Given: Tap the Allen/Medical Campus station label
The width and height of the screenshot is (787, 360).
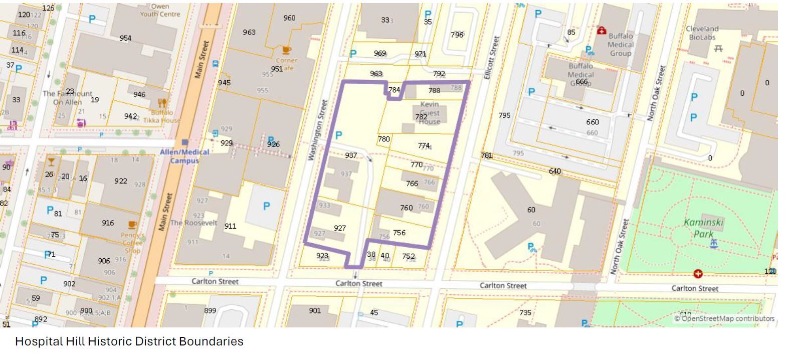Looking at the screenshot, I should point(184,156).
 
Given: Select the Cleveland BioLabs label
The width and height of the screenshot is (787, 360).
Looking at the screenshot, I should point(702,33).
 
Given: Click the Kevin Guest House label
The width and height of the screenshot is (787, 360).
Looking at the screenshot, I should point(430,113).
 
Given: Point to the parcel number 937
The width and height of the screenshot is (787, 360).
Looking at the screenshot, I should point(351,155).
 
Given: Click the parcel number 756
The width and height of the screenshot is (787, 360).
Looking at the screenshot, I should point(399,233).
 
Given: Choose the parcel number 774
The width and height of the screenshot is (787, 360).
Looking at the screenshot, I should point(424,145).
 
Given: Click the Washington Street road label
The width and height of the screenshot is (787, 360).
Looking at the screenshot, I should point(317,130).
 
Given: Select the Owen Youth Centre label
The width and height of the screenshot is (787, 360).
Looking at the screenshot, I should point(160,10).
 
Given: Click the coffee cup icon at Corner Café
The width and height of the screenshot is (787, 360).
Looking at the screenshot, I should point(286,50).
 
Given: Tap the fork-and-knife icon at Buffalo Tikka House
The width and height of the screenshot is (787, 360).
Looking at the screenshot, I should point(162,103).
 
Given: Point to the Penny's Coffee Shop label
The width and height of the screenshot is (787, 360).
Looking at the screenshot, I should point(132,243).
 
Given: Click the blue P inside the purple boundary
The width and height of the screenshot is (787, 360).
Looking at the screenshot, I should point(339,135).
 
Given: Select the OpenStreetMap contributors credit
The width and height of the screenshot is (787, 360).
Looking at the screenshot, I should point(724,318).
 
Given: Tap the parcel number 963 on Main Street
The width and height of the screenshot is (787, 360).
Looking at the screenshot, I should point(249,32).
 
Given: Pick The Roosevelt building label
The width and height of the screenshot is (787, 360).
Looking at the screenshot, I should point(193,223).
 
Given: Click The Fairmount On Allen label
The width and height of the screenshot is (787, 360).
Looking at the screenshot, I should point(67,98).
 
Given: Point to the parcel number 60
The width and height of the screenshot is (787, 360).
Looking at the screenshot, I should point(531,210).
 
